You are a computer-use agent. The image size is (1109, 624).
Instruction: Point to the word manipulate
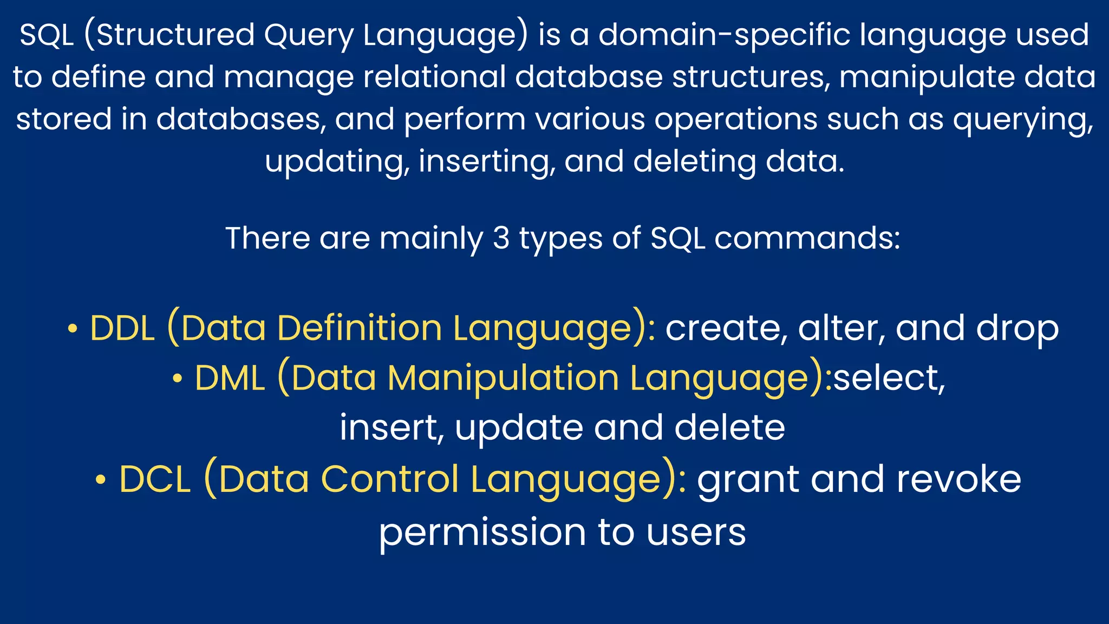[927, 77]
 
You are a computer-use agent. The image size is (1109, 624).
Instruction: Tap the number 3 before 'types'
[501, 238]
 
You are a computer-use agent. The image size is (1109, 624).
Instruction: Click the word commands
[807, 238]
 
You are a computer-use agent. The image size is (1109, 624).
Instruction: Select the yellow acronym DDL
[122, 328]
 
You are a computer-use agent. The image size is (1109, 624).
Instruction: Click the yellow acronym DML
[230, 378]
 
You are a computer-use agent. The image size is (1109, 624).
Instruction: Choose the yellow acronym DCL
[155, 479]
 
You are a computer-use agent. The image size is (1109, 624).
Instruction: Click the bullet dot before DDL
[73, 329]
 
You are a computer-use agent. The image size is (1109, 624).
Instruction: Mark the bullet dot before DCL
[100, 480]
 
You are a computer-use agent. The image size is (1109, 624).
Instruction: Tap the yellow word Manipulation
[503, 378]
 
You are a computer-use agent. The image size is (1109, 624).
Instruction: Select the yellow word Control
[390, 479]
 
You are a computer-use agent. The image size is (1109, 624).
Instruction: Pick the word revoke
[958, 479]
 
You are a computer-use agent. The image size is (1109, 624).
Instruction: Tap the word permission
[482, 532]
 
